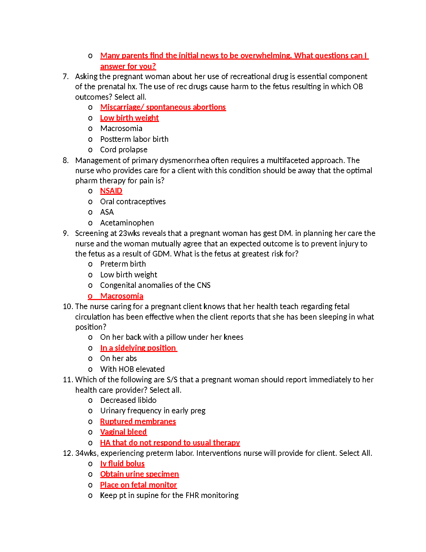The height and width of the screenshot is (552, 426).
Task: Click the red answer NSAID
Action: (x=111, y=191)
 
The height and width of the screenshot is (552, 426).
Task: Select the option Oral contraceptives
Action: (x=133, y=201)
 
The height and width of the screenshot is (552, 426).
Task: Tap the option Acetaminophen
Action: (x=127, y=223)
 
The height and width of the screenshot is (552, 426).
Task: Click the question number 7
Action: (x=65, y=76)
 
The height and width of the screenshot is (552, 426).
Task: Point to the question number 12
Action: (x=67, y=453)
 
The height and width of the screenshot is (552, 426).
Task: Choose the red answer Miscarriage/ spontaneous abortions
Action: (x=163, y=107)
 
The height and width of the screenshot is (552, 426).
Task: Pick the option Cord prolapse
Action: (x=124, y=149)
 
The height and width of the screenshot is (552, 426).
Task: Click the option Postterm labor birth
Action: (x=134, y=139)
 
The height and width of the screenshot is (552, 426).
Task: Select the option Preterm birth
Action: (x=123, y=264)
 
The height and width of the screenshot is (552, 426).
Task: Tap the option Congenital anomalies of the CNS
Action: (x=155, y=285)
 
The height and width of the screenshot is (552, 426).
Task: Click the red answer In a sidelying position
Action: (x=138, y=348)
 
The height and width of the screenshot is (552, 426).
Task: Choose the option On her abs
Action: (x=118, y=358)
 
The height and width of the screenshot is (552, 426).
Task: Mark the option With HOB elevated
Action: (x=132, y=369)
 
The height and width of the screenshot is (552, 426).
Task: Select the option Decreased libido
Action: (x=128, y=400)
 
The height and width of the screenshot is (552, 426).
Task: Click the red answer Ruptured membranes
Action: (x=138, y=421)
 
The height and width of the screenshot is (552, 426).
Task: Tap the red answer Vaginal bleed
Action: (x=123, y=432)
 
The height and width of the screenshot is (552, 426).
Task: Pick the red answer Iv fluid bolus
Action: (x=122, y=463)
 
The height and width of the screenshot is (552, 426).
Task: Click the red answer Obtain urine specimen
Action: (x=139, y=474)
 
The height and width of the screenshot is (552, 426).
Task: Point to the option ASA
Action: (x=107, y=212)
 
